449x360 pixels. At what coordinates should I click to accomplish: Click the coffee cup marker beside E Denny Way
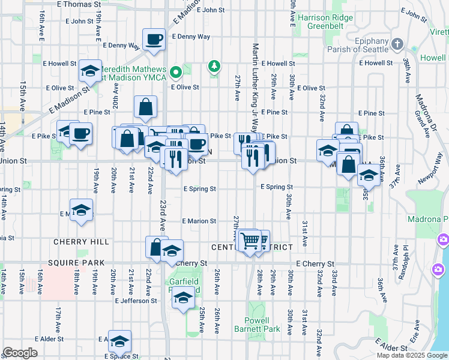(154, 40)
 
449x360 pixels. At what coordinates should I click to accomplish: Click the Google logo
(20, 353)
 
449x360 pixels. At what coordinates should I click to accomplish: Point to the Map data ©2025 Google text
(411, 355)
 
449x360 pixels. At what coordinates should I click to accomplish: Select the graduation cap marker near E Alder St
(119, 341)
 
